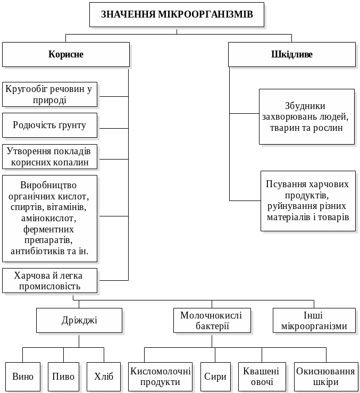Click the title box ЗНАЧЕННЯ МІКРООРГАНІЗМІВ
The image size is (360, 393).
pos(177,14)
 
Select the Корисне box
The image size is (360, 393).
pos(66,54)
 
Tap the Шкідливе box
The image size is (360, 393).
pos(291,54)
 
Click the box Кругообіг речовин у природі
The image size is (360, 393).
pos(49,95)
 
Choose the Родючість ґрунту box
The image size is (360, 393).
pos(49,125)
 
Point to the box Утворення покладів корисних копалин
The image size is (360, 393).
pos(49,156)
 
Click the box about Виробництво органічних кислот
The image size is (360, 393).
pos(49,218)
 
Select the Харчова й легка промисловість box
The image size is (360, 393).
pos(49,280)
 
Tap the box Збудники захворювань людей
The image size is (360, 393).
pos(306,116)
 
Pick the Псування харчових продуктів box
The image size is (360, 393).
pos(308,200)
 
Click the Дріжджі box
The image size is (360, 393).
pos(79,321)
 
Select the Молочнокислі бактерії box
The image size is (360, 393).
pos(212,321)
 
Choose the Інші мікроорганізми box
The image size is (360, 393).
pos(314,321)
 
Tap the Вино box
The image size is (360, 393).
pos(23,377)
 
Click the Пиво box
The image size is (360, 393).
pos(63,377)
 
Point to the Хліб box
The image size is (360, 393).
pos(104,377)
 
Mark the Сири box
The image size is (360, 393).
pos(215,377)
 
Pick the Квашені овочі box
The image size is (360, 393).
pos(262,377)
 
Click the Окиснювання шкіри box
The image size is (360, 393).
pos(325,377)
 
